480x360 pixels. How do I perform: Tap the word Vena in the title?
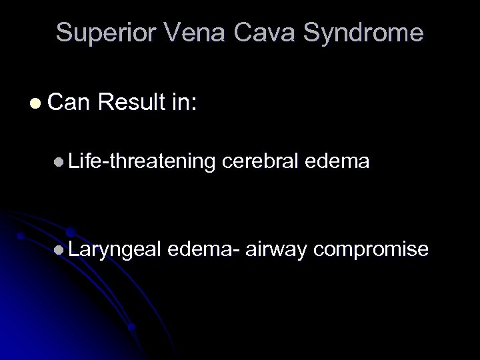pyautogui.click(x=189, y=33)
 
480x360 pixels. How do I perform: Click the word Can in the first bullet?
pyautogui.click(x=69, y=103)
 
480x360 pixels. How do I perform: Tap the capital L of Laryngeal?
pyautogui.click(x=73, y=249)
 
